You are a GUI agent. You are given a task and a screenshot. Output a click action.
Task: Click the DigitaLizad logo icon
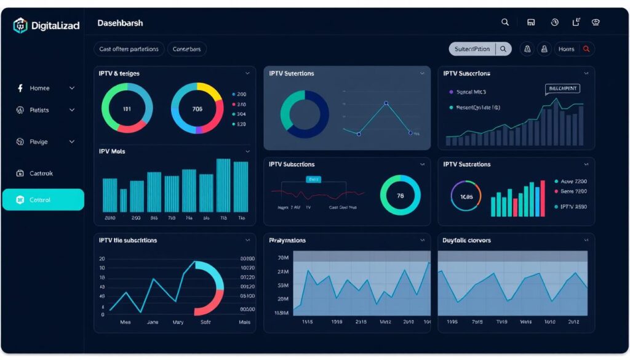point(20,26)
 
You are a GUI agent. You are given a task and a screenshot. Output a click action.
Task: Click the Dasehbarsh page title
point(120,23)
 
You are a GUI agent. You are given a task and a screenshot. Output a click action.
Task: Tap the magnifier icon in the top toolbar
point(505,22)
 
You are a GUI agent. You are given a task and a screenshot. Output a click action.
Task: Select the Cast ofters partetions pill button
point(129,49)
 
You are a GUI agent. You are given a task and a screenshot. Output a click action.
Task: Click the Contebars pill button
point(187,49)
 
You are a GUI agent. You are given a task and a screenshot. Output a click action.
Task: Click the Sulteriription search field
point(472,49)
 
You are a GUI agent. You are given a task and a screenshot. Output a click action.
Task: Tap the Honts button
point(566,49)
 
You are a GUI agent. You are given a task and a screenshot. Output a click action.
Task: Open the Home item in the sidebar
point(40,88)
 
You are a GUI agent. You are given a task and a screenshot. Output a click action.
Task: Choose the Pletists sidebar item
point(39,110)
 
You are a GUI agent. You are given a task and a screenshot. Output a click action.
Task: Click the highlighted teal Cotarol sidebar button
point(43,200)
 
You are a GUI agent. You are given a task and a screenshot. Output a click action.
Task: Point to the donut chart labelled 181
point(127,109)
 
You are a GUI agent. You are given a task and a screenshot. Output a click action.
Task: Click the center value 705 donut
point(197,109)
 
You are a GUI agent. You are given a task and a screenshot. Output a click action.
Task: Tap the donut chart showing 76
point(400,196)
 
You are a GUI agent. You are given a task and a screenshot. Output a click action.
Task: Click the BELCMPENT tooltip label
point(562,89)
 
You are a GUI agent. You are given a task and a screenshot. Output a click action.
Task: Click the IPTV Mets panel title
point(113,151)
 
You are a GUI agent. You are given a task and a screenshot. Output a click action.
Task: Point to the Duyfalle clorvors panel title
point(466,240)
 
